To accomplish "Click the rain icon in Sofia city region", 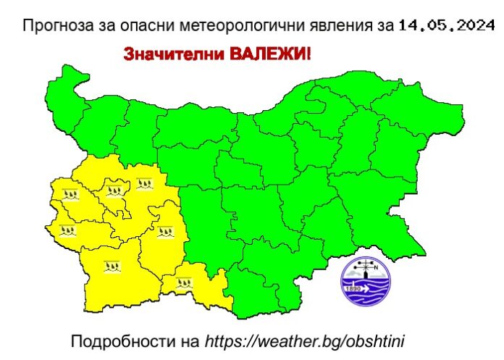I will click(114, 191).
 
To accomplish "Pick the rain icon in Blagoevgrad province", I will click(112, 269).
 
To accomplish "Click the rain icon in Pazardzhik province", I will click(164, 232).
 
